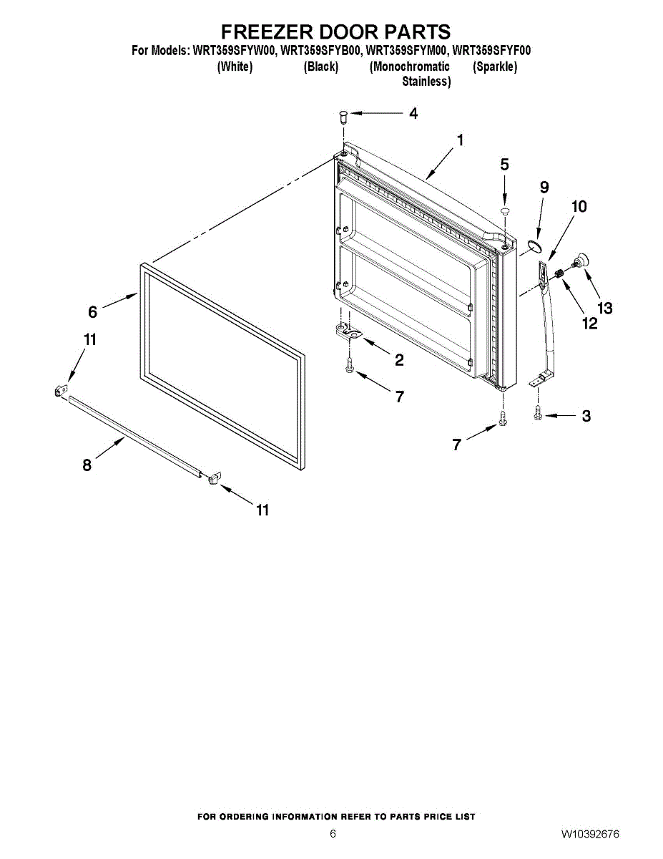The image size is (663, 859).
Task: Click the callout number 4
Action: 413,113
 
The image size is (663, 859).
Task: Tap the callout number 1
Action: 460,140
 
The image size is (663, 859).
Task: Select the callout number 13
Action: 605,309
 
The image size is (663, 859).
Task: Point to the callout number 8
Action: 87,465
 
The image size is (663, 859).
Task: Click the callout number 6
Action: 92,311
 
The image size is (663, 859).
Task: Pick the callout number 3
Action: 586,416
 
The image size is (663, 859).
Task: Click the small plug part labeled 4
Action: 343,114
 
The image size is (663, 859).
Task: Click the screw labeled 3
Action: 539,413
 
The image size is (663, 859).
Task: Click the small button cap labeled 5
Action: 505,210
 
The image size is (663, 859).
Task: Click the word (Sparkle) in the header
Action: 495,67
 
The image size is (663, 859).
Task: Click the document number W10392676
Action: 590,834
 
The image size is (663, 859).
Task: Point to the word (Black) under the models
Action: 320,67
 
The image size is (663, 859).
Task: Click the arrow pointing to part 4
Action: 375,113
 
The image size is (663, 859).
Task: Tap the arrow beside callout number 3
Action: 561,415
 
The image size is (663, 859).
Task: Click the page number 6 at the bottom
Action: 333,834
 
